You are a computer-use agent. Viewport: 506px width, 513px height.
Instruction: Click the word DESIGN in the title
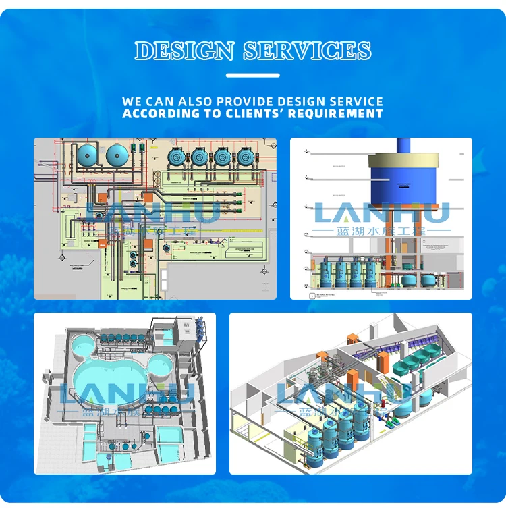coord(184,51)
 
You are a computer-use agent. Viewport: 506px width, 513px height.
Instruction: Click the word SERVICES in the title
coord(307,51)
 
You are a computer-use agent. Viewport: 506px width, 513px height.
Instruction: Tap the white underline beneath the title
coord(253,75)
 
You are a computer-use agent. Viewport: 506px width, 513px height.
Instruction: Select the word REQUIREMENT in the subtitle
coord(335,114)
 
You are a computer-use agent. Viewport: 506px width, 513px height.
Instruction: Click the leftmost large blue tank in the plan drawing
coord(88,154)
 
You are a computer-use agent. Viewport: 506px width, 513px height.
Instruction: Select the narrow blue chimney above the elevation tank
coord(403,146)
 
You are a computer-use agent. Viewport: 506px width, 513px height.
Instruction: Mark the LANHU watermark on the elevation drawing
coord(381,213)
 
